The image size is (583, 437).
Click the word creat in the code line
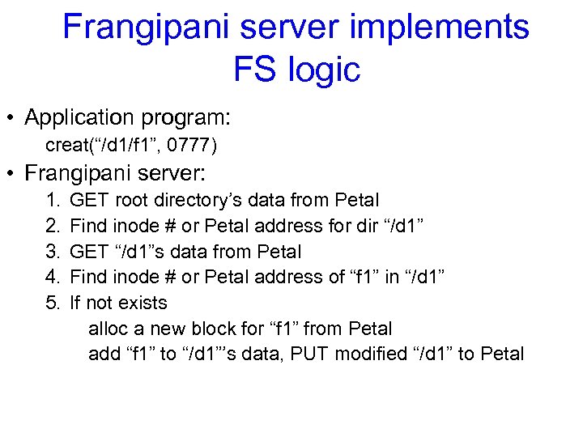tap(66, 146)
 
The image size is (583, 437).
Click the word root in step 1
tap(131, 200)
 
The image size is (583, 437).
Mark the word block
tap(215, 329)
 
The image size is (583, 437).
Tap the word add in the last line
tap(103, 354)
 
